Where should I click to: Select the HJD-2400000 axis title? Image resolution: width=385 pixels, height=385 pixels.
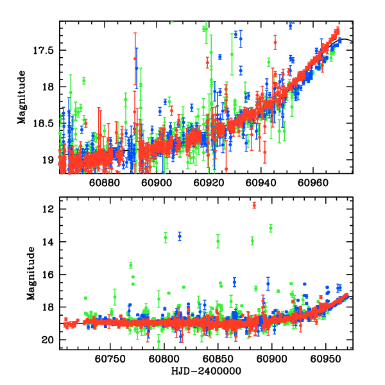pos(206,371)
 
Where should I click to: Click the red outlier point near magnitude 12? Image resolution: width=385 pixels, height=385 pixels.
pos(254,205)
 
